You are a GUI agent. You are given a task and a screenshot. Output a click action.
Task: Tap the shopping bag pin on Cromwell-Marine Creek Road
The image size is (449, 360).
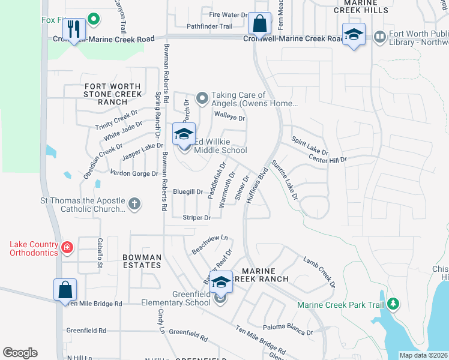[259, 25]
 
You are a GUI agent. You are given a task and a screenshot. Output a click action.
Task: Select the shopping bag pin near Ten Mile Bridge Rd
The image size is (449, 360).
[65, 290]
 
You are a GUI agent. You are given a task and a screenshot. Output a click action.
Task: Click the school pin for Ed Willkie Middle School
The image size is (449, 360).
[184, 134]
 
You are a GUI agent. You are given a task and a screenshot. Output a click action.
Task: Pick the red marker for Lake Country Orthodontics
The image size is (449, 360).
[67, 247]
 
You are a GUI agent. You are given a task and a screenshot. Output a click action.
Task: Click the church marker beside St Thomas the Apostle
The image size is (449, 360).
[134, 204]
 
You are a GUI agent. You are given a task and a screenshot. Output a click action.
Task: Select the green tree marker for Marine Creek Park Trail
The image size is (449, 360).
[393, 304]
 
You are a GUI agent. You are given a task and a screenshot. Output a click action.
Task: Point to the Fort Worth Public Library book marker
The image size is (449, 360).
[379, 37]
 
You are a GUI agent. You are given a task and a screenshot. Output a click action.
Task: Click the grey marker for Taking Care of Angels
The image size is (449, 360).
[202, 97]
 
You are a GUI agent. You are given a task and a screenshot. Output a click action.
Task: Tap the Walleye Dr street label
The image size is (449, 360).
[230, 118]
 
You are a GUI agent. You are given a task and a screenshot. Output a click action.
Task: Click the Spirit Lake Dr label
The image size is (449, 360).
[310, 146]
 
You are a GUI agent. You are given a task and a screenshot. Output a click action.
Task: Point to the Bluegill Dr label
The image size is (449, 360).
[188, 191]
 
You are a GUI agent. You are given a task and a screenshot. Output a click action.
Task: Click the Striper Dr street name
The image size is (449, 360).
[197, 218]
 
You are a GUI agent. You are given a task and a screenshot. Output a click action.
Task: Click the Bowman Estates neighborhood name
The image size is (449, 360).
[142, 262]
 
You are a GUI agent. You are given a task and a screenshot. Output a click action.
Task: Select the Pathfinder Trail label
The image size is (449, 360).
[209, 26]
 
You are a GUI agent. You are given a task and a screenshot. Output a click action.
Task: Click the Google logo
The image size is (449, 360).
[20, 353]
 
